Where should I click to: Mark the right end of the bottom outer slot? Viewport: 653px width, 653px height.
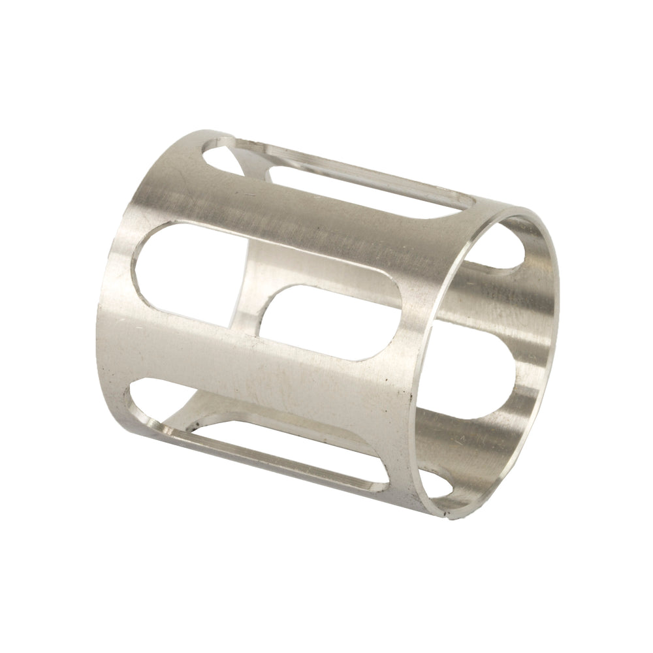[379, 486]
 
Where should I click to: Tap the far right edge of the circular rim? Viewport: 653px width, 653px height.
[558, 326]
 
